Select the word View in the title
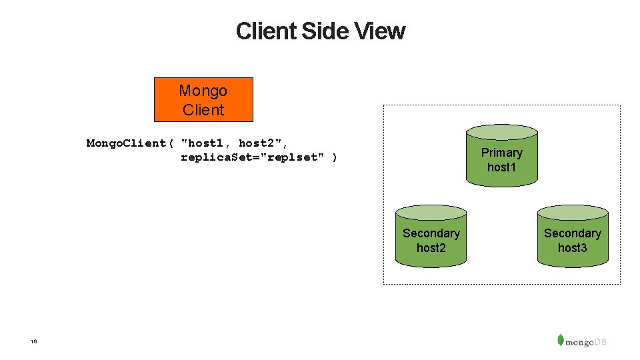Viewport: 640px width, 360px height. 379,31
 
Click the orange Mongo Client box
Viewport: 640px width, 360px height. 203,100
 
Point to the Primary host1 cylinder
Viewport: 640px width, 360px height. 501,155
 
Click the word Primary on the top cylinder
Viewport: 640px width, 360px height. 501,153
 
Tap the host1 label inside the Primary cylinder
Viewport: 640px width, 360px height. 501,167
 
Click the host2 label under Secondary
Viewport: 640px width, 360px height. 431,248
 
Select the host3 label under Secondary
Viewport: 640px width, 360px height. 573,248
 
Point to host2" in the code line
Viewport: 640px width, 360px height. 264,143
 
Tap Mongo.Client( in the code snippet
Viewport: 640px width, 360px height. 130,143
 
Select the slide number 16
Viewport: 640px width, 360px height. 33,341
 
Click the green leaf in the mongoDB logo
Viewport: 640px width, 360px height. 561,339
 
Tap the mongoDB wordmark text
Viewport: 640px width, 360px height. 587,342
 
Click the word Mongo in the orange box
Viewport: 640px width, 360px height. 203,91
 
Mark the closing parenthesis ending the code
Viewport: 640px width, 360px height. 335,157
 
